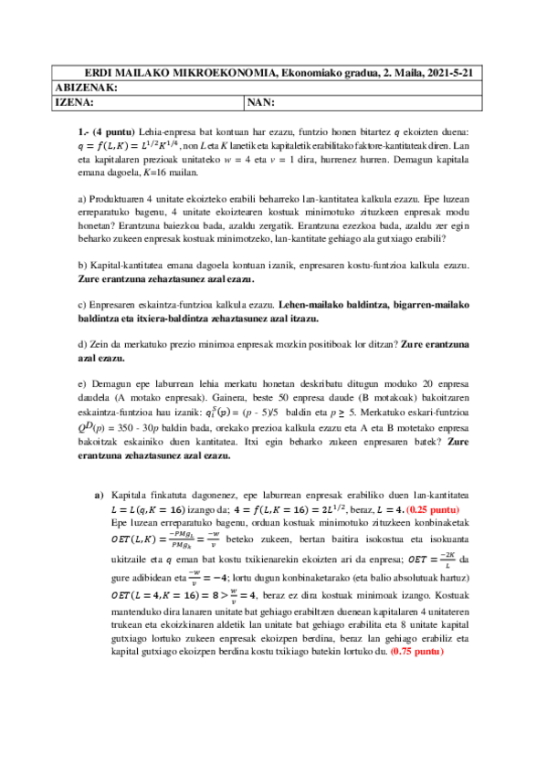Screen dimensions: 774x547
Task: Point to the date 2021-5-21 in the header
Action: click(x=457, y=72)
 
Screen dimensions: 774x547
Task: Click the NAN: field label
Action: click(x=262, y=102)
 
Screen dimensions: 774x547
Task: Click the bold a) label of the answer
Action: click(x=99, y=494)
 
